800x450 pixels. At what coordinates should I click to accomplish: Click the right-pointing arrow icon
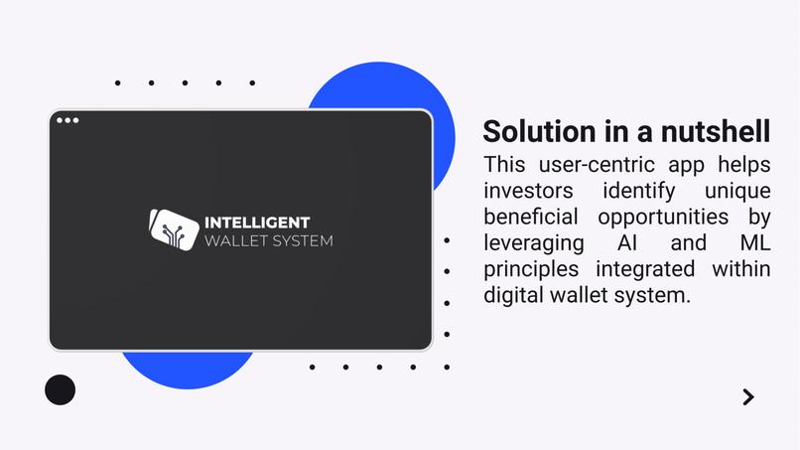pos(748,397)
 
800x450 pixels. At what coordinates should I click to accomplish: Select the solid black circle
pos(60,389)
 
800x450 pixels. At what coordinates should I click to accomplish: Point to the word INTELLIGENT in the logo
pos(256,222)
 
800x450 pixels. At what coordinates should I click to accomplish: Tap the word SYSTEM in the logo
pos(305,240)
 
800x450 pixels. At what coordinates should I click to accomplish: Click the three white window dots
pos(67,120)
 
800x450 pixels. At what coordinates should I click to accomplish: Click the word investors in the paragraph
pos(527,190)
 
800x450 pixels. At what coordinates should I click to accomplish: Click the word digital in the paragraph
pos(513,295)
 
